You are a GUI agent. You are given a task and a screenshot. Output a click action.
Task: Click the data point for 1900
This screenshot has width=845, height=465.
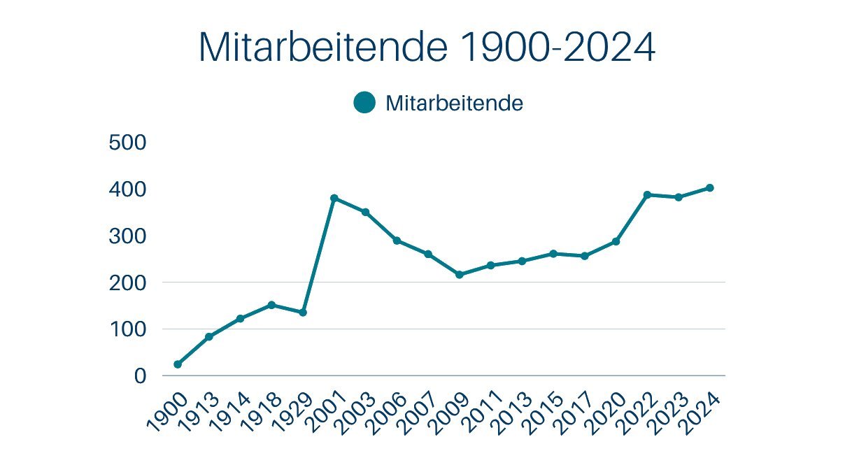click(x=178, y=364)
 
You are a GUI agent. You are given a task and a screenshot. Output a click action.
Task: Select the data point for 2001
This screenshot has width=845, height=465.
click(x=334, y=198)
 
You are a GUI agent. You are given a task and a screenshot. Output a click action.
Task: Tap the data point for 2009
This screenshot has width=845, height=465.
click(x=460, y=275)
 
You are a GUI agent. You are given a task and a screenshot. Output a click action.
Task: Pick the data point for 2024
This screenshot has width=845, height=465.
click(x=710, y=187)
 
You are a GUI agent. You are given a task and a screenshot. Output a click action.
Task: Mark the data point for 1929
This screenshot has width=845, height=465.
click(x=303, y=313)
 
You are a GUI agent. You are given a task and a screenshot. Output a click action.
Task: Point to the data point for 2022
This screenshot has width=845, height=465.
click(x=648, y=194)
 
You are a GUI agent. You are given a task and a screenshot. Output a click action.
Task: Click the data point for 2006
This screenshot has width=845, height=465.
click(x=397, y=241)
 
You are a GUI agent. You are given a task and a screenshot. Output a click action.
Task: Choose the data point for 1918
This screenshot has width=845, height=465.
click(x=271, y=305)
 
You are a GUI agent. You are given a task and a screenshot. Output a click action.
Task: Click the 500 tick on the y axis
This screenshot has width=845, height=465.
click(x=127, y=143)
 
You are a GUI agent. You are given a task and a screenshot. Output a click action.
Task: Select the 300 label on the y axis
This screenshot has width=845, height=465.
click(x=127, y=236)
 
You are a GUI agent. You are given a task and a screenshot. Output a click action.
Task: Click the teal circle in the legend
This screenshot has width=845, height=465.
click(x=364, y=103)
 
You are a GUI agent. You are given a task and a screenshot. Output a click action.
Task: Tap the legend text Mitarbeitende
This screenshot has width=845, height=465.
click(x=455, y=103)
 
